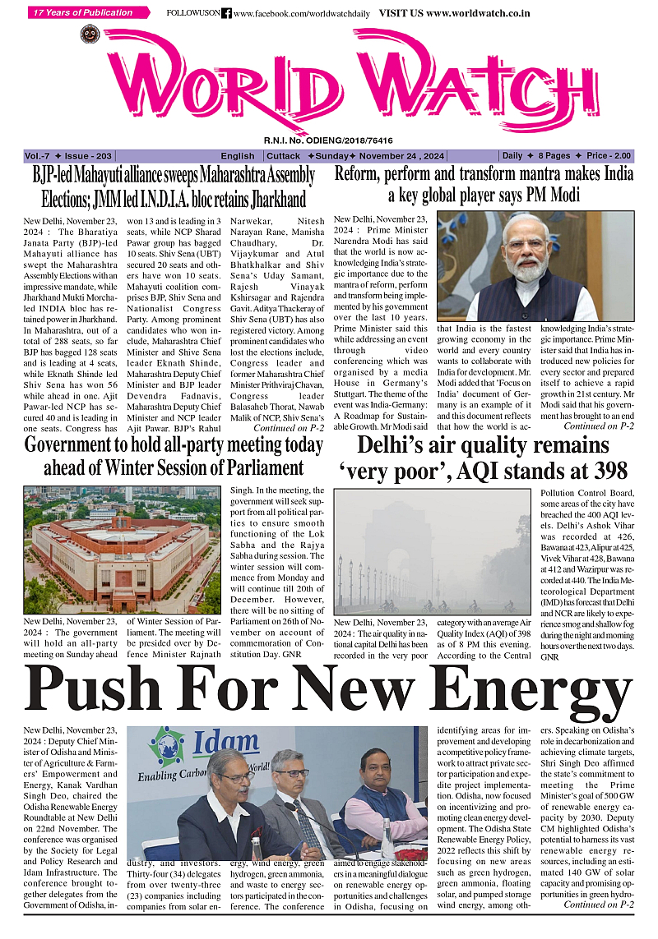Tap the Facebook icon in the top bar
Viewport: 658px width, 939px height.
coord(226,14)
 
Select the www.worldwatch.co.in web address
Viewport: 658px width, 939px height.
coord(478,14)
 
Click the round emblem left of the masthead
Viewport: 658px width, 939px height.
coord(89,35)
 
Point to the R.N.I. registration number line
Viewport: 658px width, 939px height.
coord(328,140)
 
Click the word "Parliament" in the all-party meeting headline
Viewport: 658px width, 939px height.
coord(256,467)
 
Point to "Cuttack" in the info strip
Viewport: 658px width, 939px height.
coord(283,156)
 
